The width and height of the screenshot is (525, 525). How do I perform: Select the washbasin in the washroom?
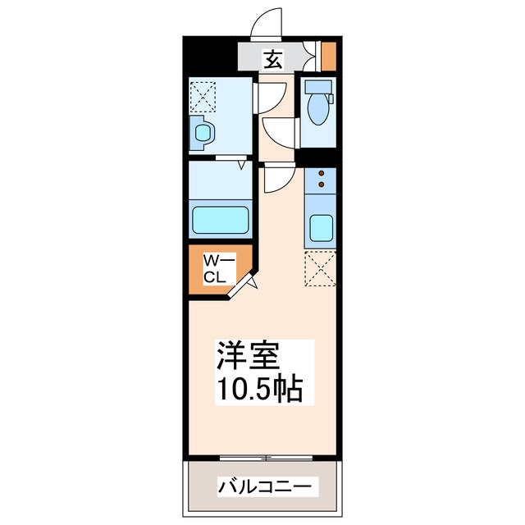[x=202, y=131]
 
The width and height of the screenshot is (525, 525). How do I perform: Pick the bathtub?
[x=220, y=220]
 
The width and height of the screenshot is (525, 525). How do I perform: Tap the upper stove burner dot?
[x=321, y=174]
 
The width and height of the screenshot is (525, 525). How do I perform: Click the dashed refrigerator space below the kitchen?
[x=321, y=270]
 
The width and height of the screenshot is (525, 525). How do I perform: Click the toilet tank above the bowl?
[x=316, y=86]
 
